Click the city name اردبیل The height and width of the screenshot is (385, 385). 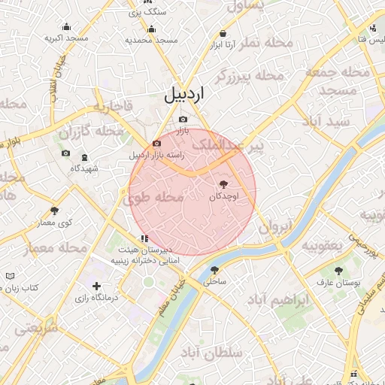coord(183,95)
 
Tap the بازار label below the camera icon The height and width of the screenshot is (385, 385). coord(183,132)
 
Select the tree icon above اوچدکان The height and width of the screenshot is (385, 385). coord(223,183)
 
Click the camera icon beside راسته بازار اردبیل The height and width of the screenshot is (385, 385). coord(156,143)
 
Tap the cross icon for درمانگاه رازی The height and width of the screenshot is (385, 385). coord(96,286)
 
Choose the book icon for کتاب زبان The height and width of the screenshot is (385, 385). coord(9,277)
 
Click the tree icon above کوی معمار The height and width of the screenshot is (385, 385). coord(54,211)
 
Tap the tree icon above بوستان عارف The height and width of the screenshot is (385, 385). coord(338,269)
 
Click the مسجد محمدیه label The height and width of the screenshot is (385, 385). coord(151,40)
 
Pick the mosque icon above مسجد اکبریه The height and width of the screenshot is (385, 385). coord(66,26)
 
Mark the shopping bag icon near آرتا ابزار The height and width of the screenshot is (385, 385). coord(223,33)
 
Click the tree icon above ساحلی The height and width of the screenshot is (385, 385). coord(214,270)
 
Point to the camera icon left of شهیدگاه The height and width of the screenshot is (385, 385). coord(65,153)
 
